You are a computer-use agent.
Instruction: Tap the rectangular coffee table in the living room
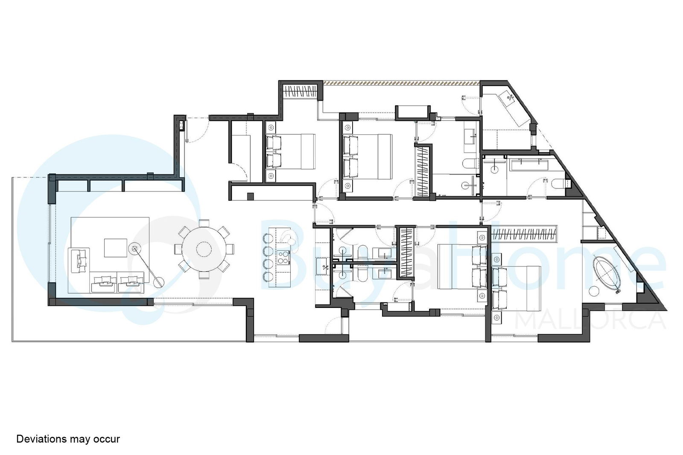click(x=116, y=248)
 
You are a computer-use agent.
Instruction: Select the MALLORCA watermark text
click(x=591, y=320)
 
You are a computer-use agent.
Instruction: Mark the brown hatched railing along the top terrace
click(x=401, y=82)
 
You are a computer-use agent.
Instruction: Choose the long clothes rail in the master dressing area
click(x=524, y=234)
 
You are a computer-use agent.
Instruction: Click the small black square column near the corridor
click(x=250, y=197)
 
